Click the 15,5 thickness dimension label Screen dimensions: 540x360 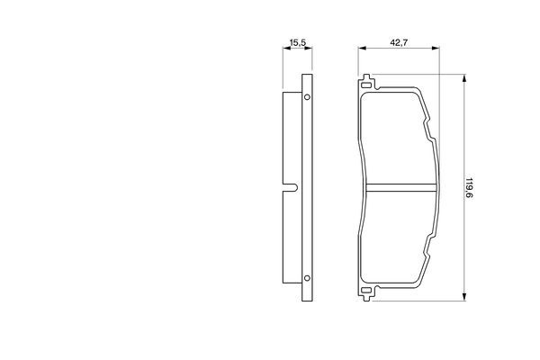tap(298, 43)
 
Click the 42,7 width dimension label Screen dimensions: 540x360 tap(399, 43)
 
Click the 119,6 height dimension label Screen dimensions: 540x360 tap(468, 188)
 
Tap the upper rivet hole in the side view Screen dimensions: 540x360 tap(307, 97)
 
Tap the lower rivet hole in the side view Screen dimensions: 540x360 tap(307, 278)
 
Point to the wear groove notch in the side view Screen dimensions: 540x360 tap(292, 187)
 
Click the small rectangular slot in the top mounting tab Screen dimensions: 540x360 tap(365, 85)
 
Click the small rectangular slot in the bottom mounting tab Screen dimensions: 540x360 tap(365, 291)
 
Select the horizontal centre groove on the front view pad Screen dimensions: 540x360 tap(400, 188)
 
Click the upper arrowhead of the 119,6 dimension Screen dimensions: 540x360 tap(464, 78)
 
